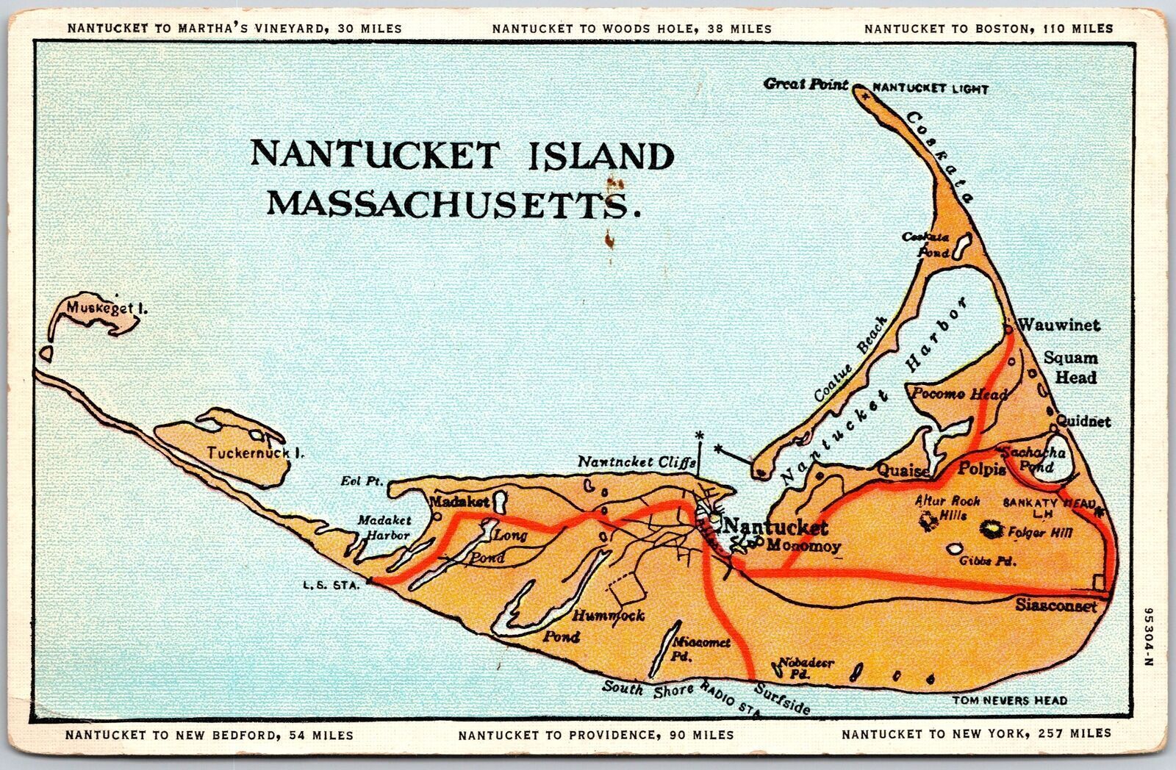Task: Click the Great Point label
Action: tap(806, 84)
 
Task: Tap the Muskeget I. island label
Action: tap(106, 309)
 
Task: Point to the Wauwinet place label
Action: tap(1058, 325)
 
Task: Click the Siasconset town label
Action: tap(1056, 606)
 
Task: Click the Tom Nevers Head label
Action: tap(1009, 701)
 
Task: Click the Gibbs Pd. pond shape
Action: tap(955, 548)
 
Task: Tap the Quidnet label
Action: tap(1083, 422)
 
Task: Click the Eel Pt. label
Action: tap(362, 482)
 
